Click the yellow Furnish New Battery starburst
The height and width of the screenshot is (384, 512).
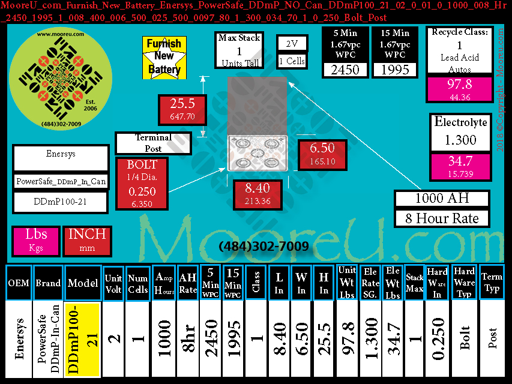(164, 57)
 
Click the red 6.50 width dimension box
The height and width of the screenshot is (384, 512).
(322, 154)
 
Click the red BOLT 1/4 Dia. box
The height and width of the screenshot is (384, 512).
(142, 184)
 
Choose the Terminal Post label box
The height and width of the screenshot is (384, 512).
(153, 143)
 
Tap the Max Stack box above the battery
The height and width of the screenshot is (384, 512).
(239, 51)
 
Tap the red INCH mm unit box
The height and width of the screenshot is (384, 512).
(87, 240)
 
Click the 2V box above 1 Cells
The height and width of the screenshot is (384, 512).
(292, 44)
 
